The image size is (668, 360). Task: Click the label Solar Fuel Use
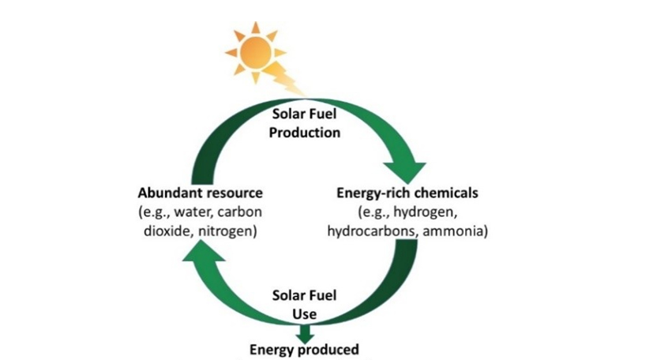pos(304,304)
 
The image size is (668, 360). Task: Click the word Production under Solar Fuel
pos(304,133)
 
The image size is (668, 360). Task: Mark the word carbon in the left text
pos(242,212)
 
